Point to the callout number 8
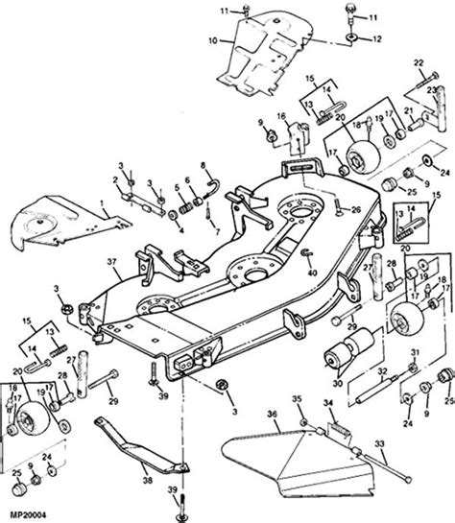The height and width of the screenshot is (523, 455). coord(204,164)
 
